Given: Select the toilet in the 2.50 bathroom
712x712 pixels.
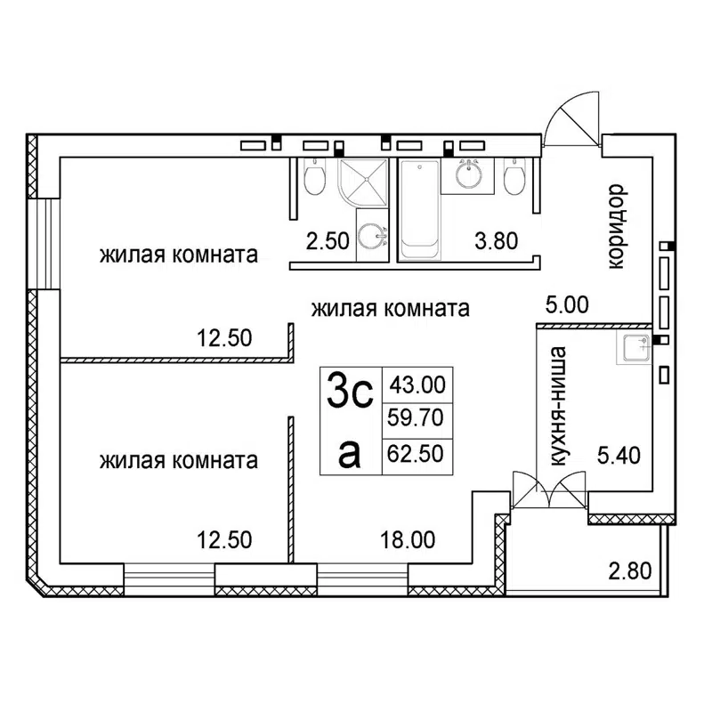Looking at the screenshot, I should (x=313, y=179).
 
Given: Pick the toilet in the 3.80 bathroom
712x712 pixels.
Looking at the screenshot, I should (x=514, y=179).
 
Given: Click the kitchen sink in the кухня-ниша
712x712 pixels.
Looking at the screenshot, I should (x=635, y=349).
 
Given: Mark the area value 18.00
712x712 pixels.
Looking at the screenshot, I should (x=408, y=538).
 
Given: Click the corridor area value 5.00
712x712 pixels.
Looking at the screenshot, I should (x=568, y=305).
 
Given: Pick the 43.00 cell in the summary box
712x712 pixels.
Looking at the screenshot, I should (x=417, y=385).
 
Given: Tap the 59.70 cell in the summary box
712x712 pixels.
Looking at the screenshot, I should (x=417, y=418).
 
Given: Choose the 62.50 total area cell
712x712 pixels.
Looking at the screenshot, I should (x=417, y=453).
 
